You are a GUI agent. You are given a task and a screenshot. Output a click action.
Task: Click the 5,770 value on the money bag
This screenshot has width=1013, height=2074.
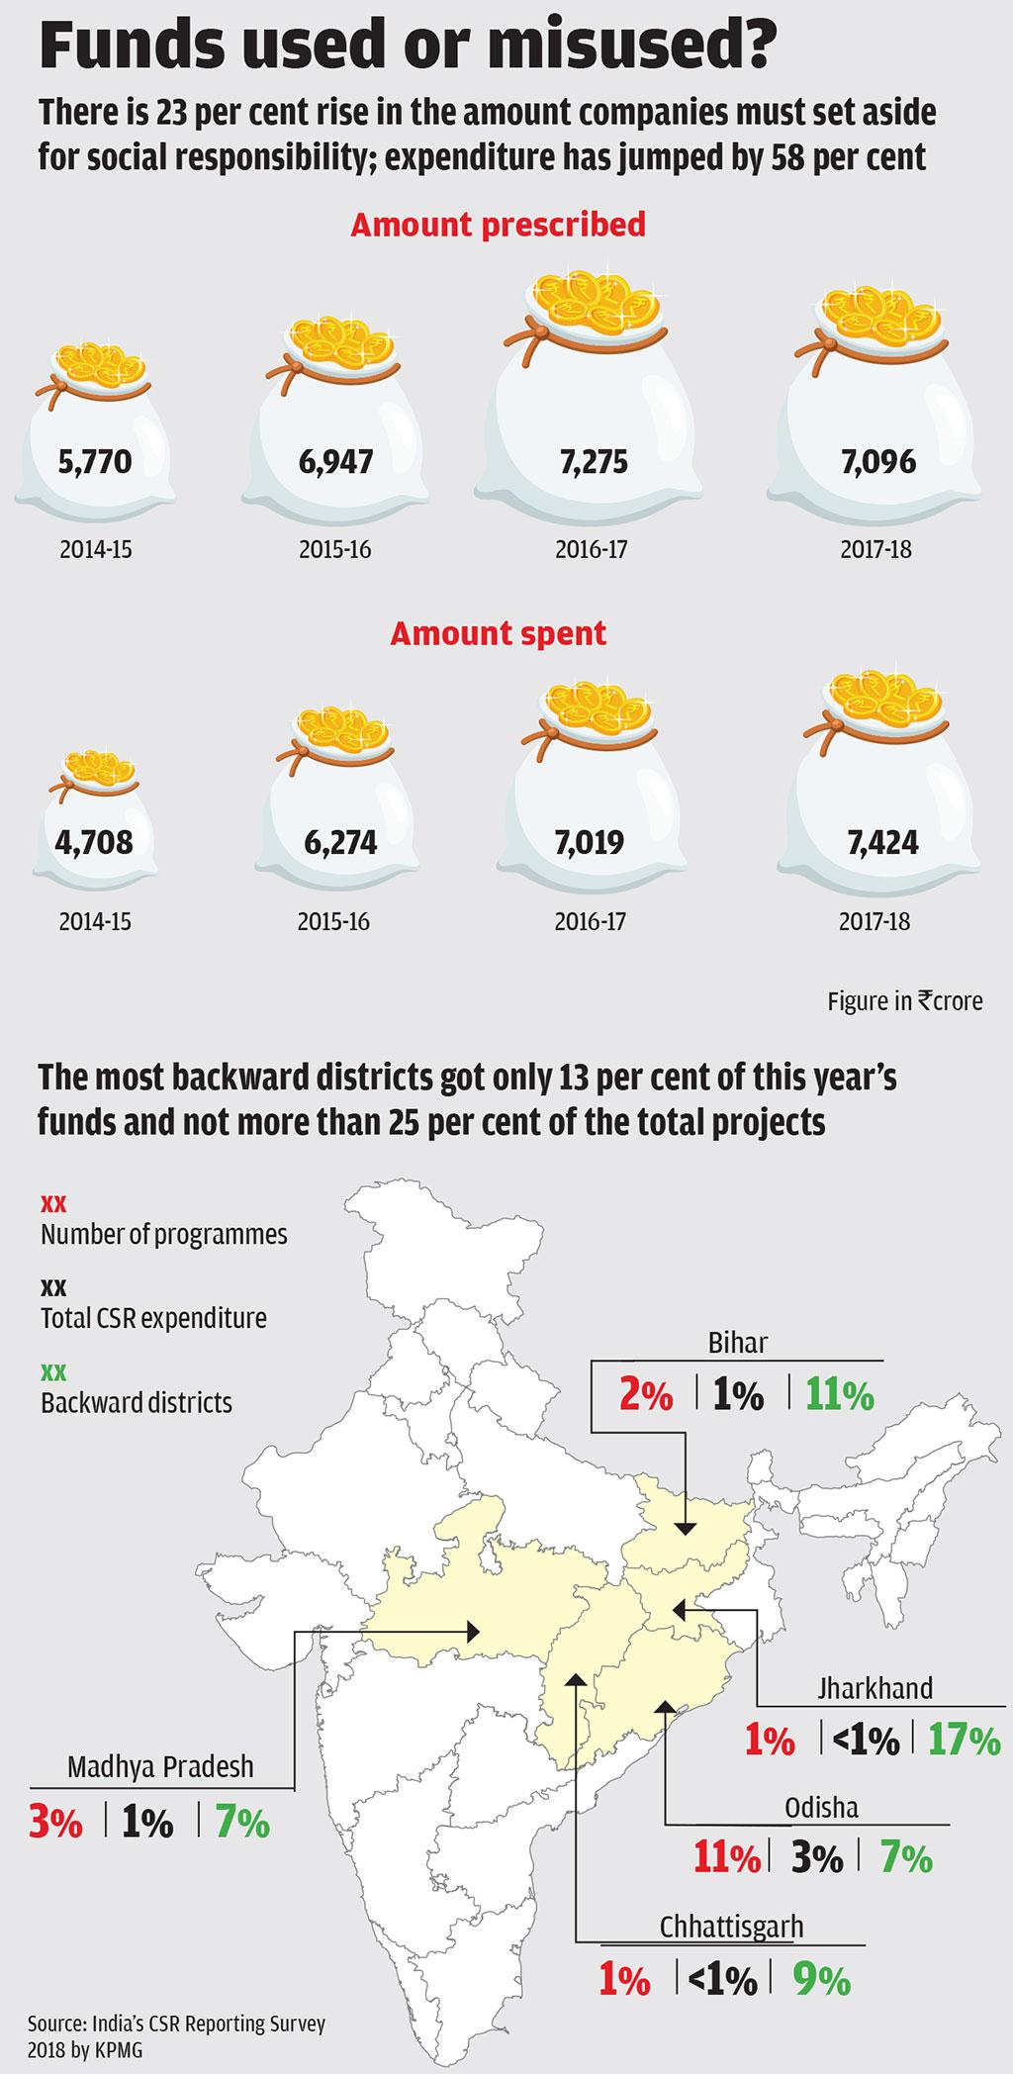[95, 461]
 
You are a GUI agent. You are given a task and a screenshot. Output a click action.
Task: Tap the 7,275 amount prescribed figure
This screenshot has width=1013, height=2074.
[594, 462]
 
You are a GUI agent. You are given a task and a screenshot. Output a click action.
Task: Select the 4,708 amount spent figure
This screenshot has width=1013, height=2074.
[95, 842]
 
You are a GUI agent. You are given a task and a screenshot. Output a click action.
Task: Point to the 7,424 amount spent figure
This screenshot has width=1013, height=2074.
[882, 842]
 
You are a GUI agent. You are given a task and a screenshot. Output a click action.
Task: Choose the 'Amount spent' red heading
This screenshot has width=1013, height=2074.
[498, 633]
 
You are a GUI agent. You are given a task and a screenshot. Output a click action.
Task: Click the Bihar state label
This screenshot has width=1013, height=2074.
[738, 1343]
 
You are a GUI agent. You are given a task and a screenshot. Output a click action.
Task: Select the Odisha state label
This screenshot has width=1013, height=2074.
[821, 1808]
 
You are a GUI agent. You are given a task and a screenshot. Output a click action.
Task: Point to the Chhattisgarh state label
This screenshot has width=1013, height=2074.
[731, 1927]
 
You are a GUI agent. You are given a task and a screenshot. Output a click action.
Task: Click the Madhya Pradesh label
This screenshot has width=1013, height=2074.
[160, 1766]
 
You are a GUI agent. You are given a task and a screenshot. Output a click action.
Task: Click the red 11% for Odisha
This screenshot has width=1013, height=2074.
[727, 1859]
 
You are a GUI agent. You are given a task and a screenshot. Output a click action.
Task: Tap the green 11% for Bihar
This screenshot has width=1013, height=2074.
[839, 1395]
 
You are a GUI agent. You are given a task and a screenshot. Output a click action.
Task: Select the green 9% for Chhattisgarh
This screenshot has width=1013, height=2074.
[821, 1980]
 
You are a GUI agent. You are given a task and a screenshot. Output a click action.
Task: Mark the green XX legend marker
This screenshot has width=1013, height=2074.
[53, 1372]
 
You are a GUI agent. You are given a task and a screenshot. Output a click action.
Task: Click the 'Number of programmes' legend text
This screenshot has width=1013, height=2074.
[164, 1235]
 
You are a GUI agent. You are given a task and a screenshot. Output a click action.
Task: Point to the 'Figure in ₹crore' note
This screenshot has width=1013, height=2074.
[905, 1001]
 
